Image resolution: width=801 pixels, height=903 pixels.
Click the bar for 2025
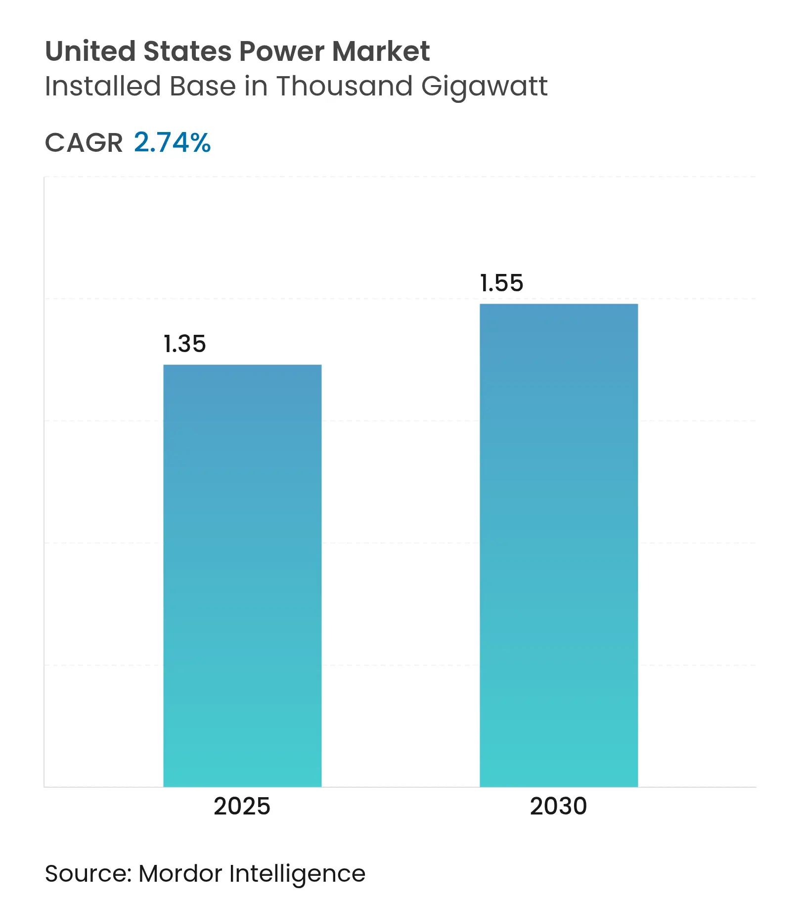[242, 576]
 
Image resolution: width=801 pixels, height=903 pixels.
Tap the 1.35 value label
[184, 344]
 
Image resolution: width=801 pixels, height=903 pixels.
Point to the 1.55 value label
[501, 283]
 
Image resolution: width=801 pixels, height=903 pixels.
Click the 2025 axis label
[242, 806]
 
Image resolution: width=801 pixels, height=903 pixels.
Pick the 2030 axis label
[558, 806]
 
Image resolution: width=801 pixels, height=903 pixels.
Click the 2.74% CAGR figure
[172, 143]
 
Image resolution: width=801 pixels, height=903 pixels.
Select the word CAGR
[84, 143]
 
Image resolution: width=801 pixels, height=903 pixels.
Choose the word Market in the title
[381, 51]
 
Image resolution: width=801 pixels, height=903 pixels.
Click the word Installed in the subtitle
[102, 87]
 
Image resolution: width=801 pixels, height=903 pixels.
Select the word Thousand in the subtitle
[345, 87]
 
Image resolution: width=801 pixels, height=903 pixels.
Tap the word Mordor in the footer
[180, 874]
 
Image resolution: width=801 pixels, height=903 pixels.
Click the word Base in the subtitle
[203, 87]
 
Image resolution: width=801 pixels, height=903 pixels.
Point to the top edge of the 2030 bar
[559, 305]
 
